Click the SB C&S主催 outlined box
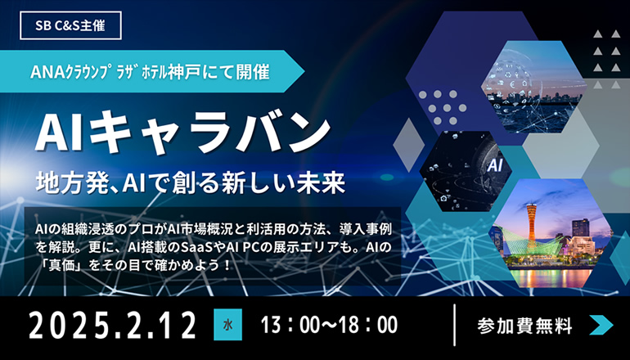(x=70, y=25)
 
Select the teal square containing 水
(x=227, y=325)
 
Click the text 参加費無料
(x=524, y=326)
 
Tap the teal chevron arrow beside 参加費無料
(x=601, y=325)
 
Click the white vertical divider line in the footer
(x=454, y=325)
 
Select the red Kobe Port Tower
(x=532, y=226)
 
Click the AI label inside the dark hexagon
(x=495, y=165)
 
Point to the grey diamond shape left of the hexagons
(x=408, y=145)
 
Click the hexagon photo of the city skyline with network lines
(x=534, y=87)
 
